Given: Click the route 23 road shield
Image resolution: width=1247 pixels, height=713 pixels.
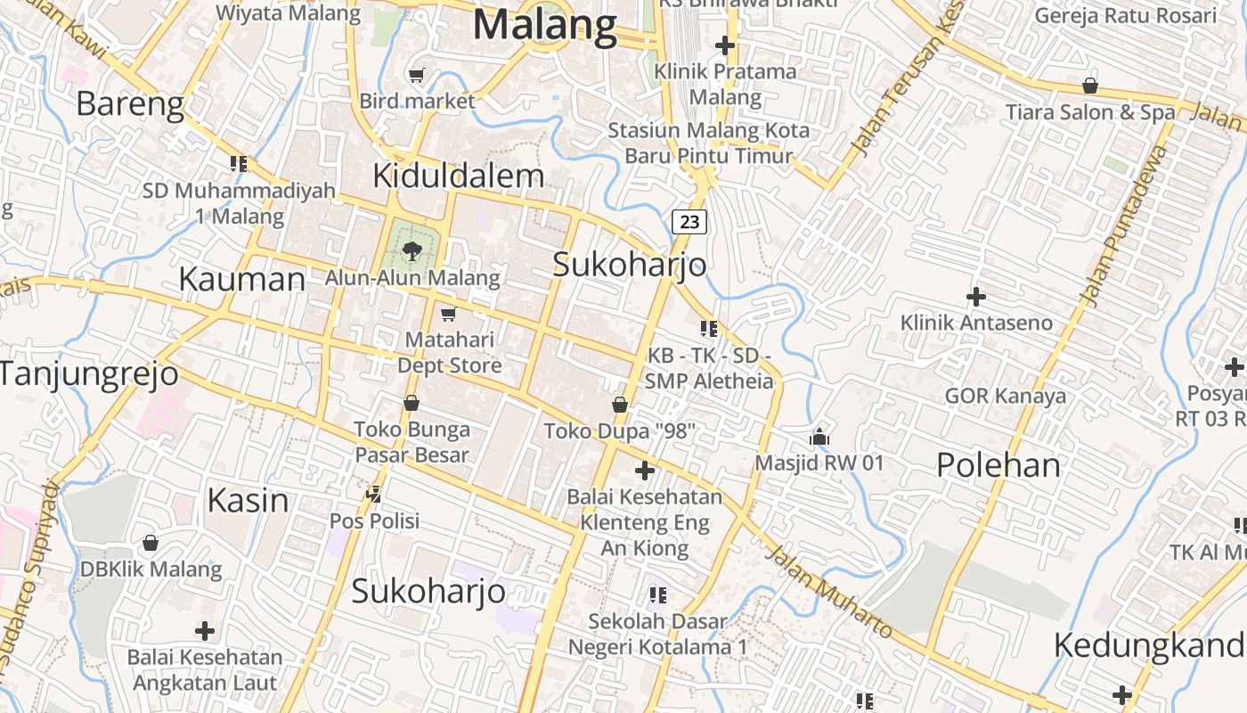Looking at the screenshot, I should click(689, 221).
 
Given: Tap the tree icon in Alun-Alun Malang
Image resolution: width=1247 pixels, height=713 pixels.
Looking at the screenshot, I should click(412, 250).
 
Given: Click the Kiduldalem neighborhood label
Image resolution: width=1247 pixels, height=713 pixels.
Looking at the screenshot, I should click(458, 176).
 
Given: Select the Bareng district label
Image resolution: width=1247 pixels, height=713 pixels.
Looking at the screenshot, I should click(130, 104).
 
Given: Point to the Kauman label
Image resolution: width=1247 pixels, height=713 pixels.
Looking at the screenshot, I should click(241, 280).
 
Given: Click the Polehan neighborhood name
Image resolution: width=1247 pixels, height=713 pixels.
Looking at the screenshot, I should click(998, 464).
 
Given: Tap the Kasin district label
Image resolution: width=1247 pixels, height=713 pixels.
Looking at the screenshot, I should click(248, 500).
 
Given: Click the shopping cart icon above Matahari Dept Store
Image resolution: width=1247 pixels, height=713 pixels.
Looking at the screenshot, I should click(448, 314).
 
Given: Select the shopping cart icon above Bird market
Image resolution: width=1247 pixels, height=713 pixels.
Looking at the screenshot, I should click(416, 75).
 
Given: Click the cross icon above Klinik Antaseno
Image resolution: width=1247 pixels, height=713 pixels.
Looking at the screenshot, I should click(976, 296).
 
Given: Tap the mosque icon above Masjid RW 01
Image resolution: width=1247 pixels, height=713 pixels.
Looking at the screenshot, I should click(819, 437).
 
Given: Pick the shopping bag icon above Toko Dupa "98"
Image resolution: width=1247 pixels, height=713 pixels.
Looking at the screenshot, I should click(620, 406).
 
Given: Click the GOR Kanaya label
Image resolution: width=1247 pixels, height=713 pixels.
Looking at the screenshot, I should click(1005, 396).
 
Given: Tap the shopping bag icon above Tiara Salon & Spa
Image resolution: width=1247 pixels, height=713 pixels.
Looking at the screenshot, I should click(1089, 86).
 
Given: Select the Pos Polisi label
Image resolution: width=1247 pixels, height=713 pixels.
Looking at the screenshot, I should click(374, 520).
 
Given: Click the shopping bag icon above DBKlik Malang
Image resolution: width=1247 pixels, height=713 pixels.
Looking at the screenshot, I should click(151, 542).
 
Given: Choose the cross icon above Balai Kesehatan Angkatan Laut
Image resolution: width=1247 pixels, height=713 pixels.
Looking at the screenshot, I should click(205, 631).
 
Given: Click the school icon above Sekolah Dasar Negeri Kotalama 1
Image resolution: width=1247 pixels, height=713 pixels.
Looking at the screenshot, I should click(658, 594).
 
